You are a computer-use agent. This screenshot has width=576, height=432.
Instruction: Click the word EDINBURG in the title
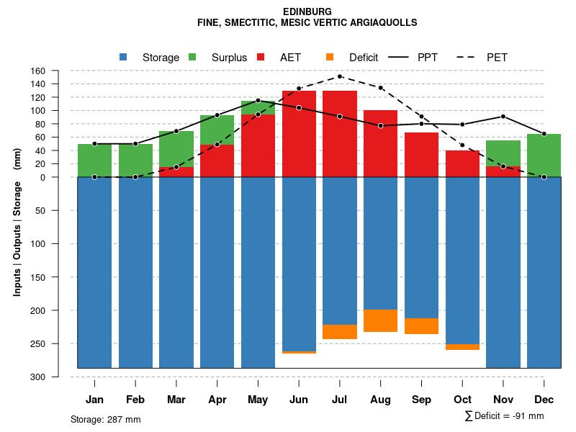point(307,12)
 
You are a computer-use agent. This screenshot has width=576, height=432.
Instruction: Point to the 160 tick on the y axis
point(38,71)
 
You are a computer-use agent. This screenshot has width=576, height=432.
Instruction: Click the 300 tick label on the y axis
point(37,377)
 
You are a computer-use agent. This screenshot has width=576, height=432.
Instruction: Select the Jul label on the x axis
point(340,400)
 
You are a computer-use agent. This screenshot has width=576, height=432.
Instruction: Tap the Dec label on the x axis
point(544,400)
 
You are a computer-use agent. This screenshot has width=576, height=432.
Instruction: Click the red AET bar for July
point(340,134)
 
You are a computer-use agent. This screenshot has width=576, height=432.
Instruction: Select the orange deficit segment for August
point(381,320)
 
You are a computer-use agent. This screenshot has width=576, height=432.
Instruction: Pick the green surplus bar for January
point(94,161)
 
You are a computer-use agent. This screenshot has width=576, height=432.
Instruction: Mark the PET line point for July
point(340,76)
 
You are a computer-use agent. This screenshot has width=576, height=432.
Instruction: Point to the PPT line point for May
point(258,101)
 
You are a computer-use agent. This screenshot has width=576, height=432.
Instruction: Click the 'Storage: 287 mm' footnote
point(106,419)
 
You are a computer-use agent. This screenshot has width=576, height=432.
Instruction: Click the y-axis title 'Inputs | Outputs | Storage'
point(17,238)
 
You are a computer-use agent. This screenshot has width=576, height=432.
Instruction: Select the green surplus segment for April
point(217,130)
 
